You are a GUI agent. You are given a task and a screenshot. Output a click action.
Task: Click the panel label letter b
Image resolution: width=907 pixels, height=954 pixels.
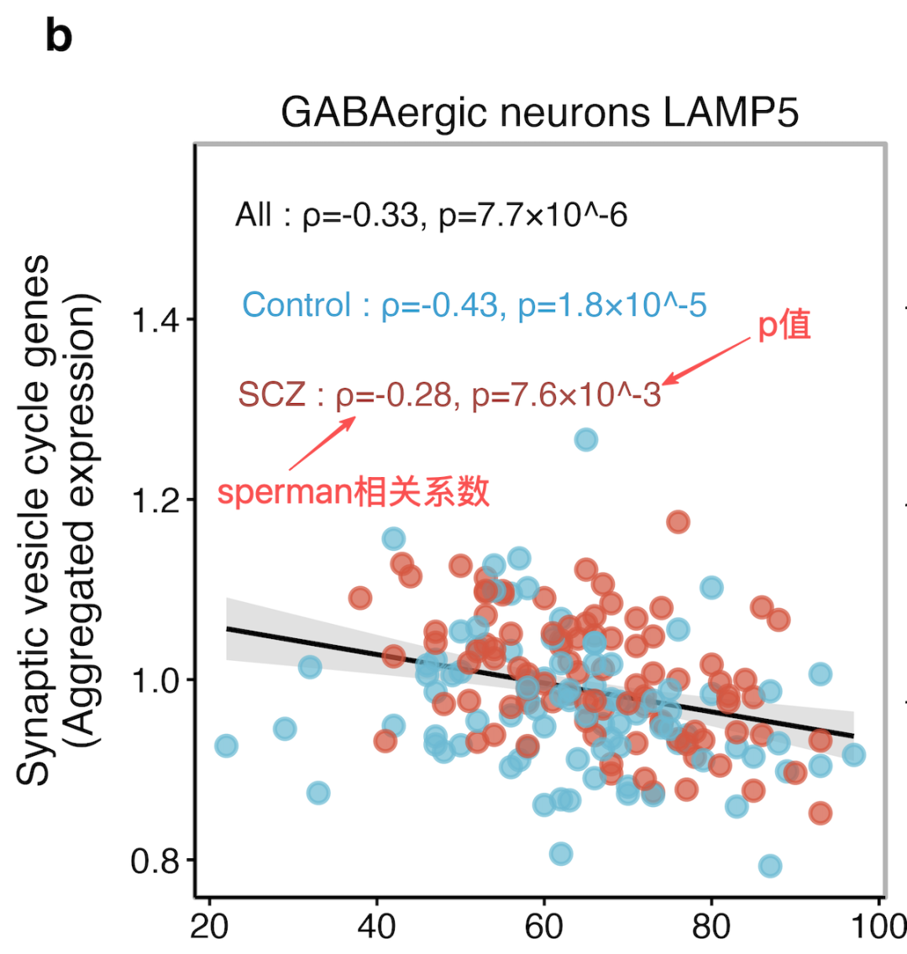point(59,36)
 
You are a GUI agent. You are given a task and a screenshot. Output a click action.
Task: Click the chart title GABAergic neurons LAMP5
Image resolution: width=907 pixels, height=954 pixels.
point(539,113)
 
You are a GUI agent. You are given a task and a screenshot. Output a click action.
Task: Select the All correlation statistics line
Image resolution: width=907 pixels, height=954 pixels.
point(432,215)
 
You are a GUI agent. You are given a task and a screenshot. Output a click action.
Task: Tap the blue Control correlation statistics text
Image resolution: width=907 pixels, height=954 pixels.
point(474,305)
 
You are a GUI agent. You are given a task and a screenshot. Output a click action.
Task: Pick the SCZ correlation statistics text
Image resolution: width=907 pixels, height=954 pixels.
point(449,395)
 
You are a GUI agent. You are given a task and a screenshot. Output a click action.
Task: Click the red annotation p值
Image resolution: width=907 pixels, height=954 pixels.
point(784,326)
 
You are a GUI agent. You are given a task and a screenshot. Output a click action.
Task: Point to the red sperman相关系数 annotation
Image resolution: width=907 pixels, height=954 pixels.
point(354,491)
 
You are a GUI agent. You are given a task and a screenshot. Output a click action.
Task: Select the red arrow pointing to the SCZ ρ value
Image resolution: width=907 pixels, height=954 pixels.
point(322,443)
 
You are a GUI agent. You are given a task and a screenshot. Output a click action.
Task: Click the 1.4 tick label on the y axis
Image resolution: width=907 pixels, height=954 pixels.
point(155,321)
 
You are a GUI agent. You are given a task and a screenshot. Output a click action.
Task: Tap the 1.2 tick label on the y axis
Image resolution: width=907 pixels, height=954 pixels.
point(155,501)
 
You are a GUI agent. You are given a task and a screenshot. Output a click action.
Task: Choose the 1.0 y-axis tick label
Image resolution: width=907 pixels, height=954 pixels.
point(155,681)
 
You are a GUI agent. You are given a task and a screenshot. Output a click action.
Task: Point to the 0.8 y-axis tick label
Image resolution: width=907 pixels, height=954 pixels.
point(155,861)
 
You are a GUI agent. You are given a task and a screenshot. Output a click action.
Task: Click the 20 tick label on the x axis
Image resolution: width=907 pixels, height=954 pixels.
point(209,926)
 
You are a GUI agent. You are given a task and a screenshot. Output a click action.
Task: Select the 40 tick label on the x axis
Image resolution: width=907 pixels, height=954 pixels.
point(376,926)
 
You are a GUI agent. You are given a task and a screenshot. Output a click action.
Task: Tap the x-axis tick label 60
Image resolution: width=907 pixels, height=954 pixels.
point(544,926)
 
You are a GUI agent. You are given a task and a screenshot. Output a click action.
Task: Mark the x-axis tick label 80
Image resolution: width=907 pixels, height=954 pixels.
point(711,926)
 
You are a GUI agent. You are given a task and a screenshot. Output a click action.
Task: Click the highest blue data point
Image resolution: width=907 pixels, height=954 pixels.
point(586,439)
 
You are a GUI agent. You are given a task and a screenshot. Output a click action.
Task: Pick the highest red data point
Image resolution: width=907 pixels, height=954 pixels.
point(678,522)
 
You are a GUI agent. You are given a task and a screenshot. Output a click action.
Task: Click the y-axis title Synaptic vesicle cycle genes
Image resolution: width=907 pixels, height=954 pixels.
point(34,520)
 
